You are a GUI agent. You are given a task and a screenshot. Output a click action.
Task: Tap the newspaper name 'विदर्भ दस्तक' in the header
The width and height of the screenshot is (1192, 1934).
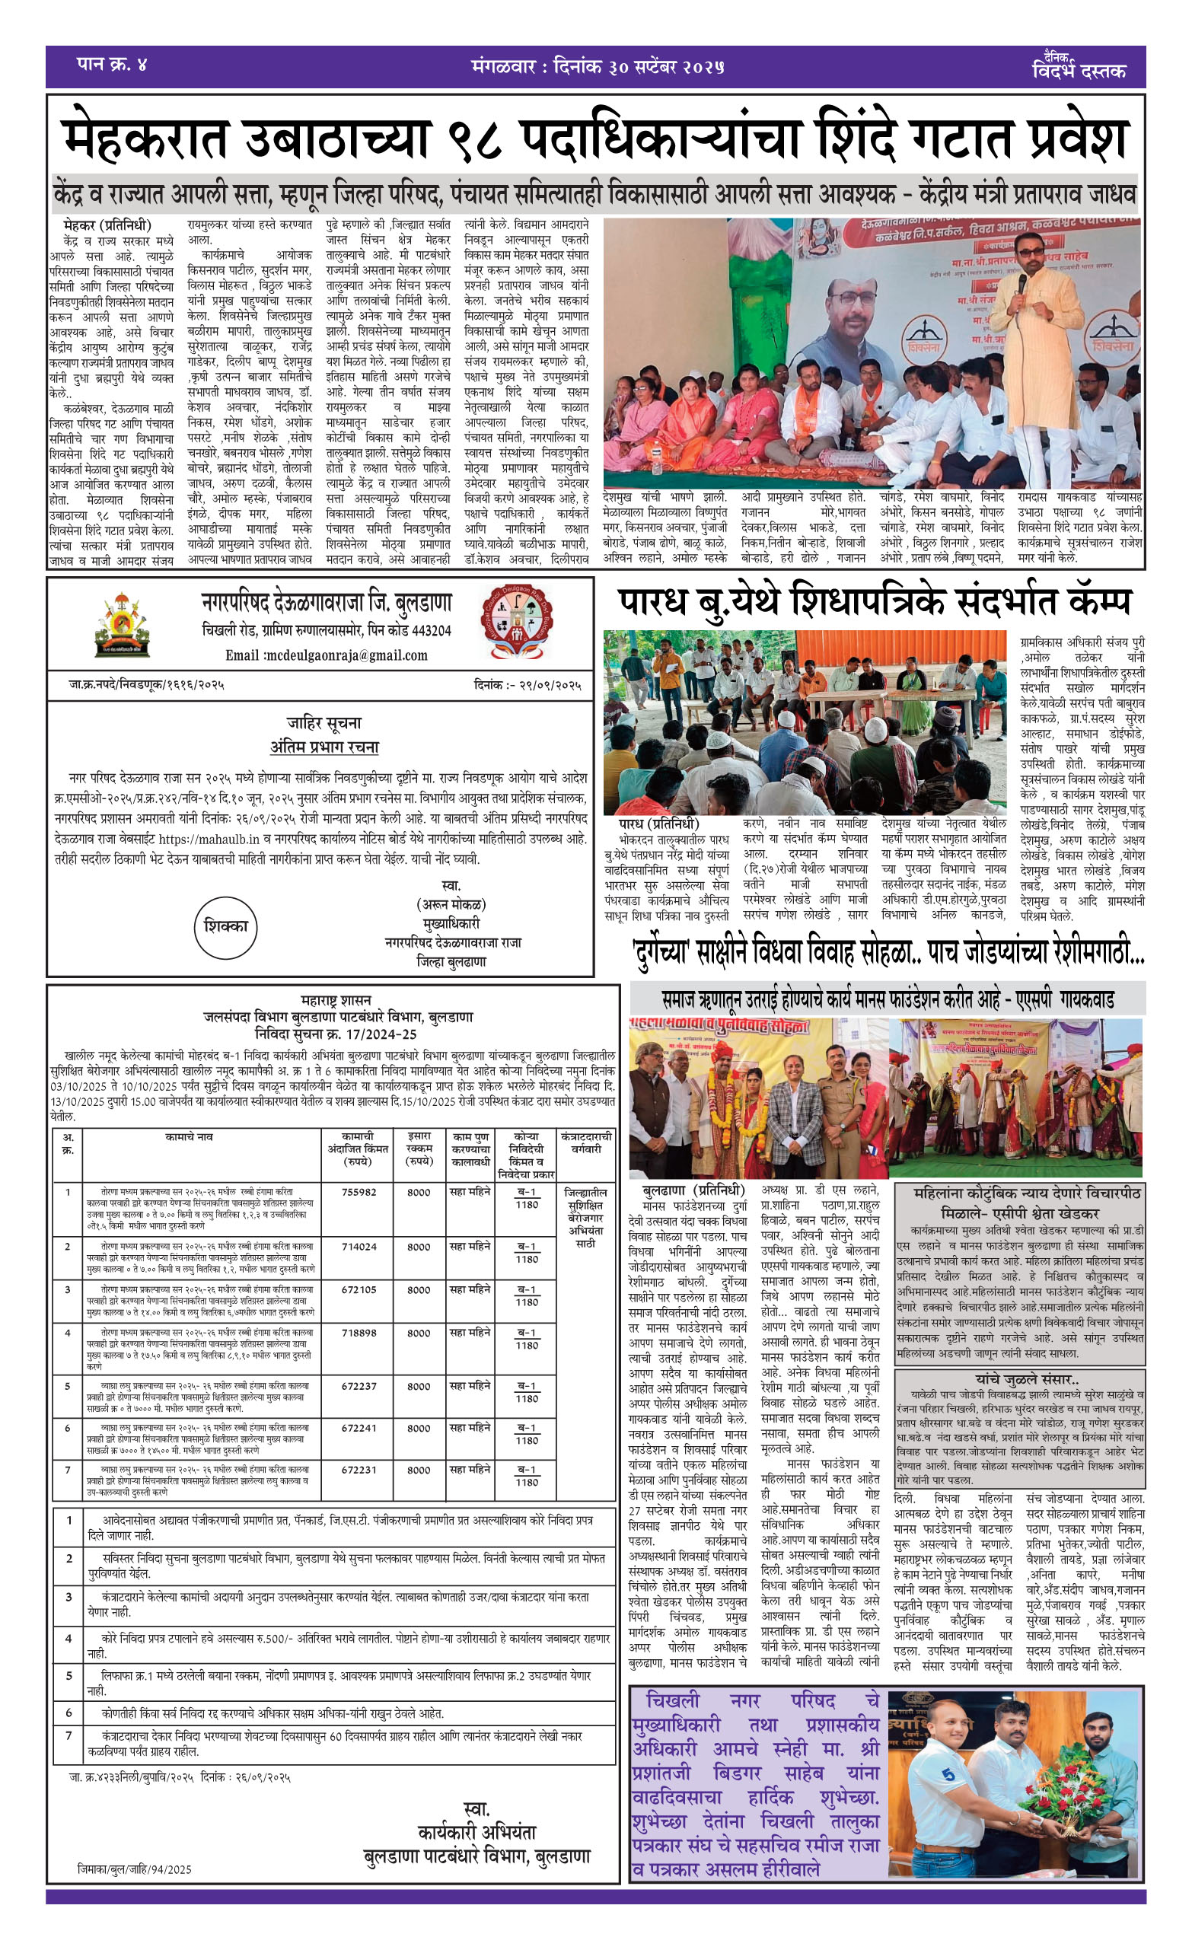(x=1078, y=70)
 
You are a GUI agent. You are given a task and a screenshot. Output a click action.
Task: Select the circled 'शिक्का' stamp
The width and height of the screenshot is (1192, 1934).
(x=225, y=927)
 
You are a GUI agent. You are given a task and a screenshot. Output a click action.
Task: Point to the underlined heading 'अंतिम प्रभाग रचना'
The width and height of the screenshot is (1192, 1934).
(x=324, y=747)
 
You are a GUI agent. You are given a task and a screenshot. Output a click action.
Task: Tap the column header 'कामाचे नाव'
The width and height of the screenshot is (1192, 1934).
(x=190, y=1137)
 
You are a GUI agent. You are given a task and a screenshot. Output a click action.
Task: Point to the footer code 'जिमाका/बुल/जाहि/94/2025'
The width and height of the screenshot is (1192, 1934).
(x=135, y=1869)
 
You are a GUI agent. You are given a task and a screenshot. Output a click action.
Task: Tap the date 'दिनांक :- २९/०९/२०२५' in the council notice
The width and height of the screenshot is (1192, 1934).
(x=528, y=685)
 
